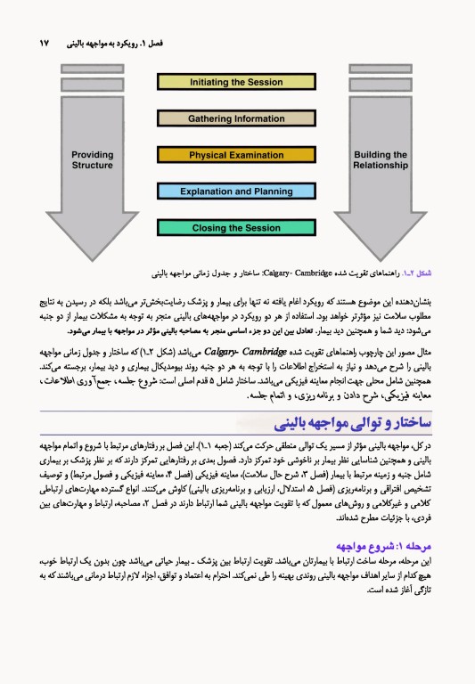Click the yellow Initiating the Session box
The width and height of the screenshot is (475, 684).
coord(236,82)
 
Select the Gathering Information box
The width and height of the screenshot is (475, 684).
coord(236,118)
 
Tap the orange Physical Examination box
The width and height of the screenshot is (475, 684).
coord(236,155)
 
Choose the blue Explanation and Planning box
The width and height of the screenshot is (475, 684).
coord(236,191)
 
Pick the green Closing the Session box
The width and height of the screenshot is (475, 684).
coord(236,228)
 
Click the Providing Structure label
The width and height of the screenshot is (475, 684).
coord(93,160)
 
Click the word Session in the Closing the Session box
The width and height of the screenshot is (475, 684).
coord(260,228)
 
